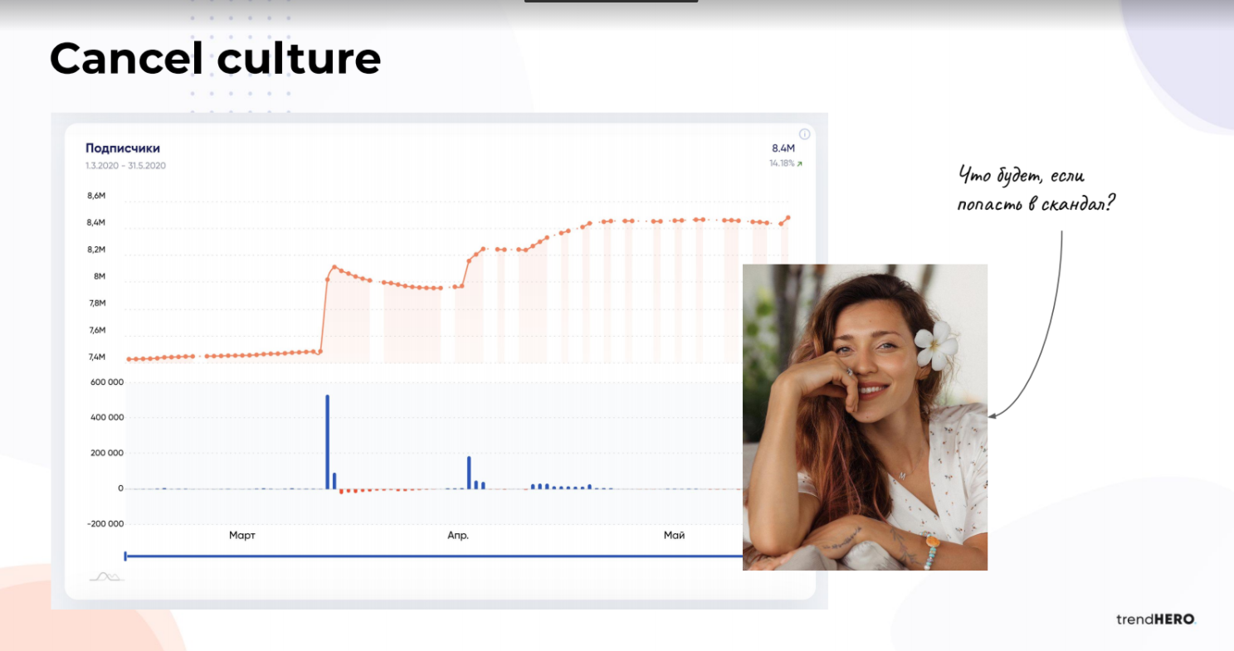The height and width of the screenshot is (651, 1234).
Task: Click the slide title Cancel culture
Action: pyautogui.click(x=216, y=58)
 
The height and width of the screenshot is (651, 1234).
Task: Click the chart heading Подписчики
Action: pyautogui.click(x=123, y=148)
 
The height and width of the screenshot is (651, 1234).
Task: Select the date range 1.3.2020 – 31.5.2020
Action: pyautogui.click(x=125, y=166)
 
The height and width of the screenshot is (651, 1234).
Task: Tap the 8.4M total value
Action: pyautogui.click(x=783, y=148)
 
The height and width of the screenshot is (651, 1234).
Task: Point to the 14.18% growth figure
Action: pyautogui.click(x=782, y=163)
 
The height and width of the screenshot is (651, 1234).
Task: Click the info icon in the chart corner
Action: pyautogui.click(x=804, y=134)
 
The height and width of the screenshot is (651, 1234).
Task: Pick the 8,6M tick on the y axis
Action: pyautogui.click(x=96, y=196)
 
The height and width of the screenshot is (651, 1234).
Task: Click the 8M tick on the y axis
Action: pyautogui.click(x=99, y=276)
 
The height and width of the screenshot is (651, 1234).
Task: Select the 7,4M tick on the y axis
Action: pyautogui.click(x=97, y=357)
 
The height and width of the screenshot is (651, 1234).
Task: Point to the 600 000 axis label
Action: pyautogui.click(x=107, y=382)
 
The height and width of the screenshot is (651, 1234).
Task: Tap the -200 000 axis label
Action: pyautogui.click(x=105, y=524)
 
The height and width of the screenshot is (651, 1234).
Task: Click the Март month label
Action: pyautogui.click(x=241, y=536)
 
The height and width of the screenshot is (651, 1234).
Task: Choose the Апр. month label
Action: pyautogui.click(x=458, y=536)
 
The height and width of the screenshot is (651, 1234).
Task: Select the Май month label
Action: pyautogui.click(x=674, y=536)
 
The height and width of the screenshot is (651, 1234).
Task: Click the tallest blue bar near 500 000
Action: pyautogui.click(x=327, y=442)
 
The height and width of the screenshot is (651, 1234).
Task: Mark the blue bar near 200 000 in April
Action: pyautogui.click(x=469, y=473)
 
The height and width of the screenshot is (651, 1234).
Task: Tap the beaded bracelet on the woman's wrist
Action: pyautogui.click(x=929, y=551)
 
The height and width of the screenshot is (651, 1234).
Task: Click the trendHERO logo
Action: pyautogui.click(x=1156, y=619)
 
